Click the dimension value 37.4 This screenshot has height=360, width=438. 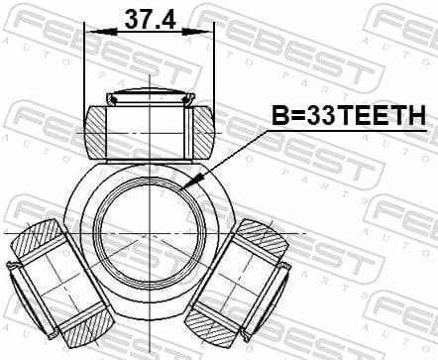(x=149, y=17)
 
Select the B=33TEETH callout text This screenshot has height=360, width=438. (x=349, y=117)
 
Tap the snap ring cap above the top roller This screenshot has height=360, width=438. (x=149, y=97)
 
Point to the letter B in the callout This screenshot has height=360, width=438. (x=281, y=117)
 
